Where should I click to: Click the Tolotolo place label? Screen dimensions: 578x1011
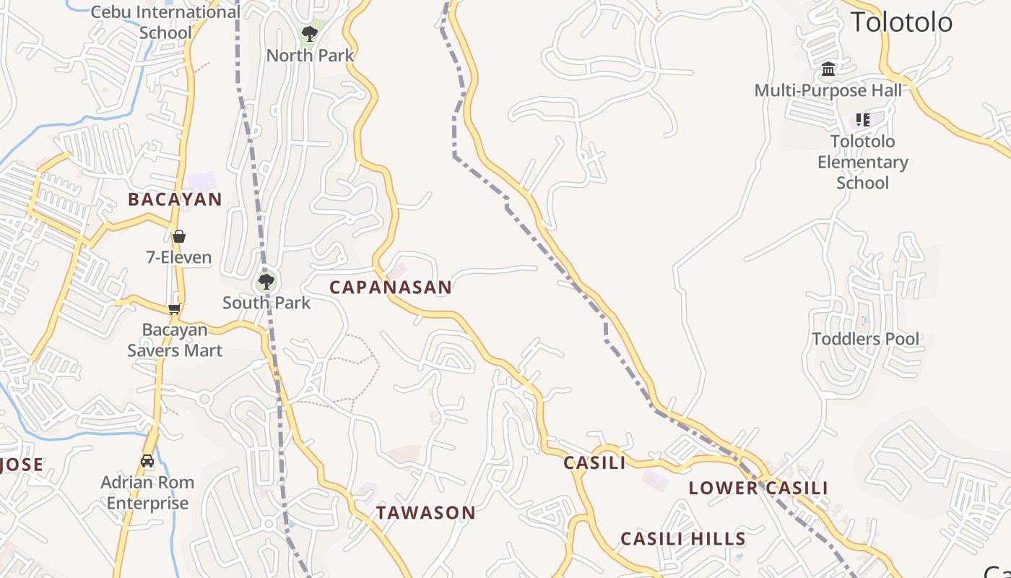(901, 22)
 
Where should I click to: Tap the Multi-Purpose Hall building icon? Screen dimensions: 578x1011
(828, 69)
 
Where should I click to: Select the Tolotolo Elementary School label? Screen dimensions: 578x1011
(862, 162)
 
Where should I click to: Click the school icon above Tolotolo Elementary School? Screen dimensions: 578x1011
(862, 119)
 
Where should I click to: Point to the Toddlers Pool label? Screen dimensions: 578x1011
(866, 339)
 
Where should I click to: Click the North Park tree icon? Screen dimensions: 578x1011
(309, 33)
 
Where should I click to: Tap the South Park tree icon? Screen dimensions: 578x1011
(266, 281)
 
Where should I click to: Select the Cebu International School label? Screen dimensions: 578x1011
(166, 22)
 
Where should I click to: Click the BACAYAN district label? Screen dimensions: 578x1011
(175, 199)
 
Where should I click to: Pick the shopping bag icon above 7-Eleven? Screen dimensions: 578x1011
(178, 236)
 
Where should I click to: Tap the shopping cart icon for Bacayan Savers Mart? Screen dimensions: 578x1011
(174, 309)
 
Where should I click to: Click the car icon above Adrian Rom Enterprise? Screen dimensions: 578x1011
(147, 461)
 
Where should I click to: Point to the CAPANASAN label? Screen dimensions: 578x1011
(391, 287)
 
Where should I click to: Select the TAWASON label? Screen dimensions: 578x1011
(425, 513)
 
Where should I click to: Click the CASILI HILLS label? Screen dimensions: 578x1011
(682, 538)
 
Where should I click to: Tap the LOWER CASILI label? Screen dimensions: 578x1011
(758, 488)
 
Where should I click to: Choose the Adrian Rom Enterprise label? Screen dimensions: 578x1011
(147, 493)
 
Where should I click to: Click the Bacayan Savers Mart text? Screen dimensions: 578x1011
(175, 340)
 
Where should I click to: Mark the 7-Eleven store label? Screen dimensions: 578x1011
(178, 257)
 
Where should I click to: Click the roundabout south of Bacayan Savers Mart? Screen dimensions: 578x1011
(204, 398)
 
